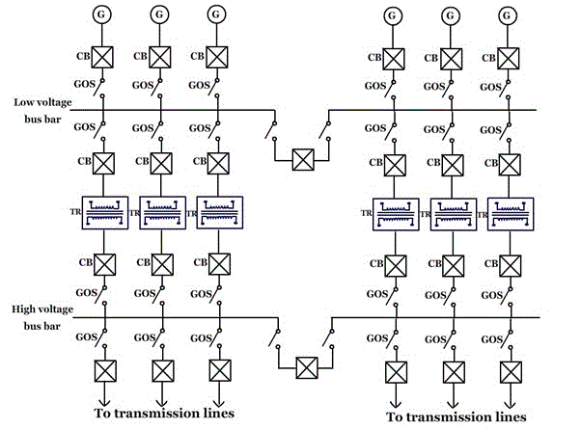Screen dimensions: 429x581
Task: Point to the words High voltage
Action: click(41, 309)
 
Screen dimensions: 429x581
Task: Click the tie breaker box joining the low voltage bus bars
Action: click(305, 158)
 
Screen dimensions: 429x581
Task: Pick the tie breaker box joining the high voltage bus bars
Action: click(307, 366)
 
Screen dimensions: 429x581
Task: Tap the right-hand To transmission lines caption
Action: click(457, 416)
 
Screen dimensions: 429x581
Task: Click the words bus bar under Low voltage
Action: click(40, 121)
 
